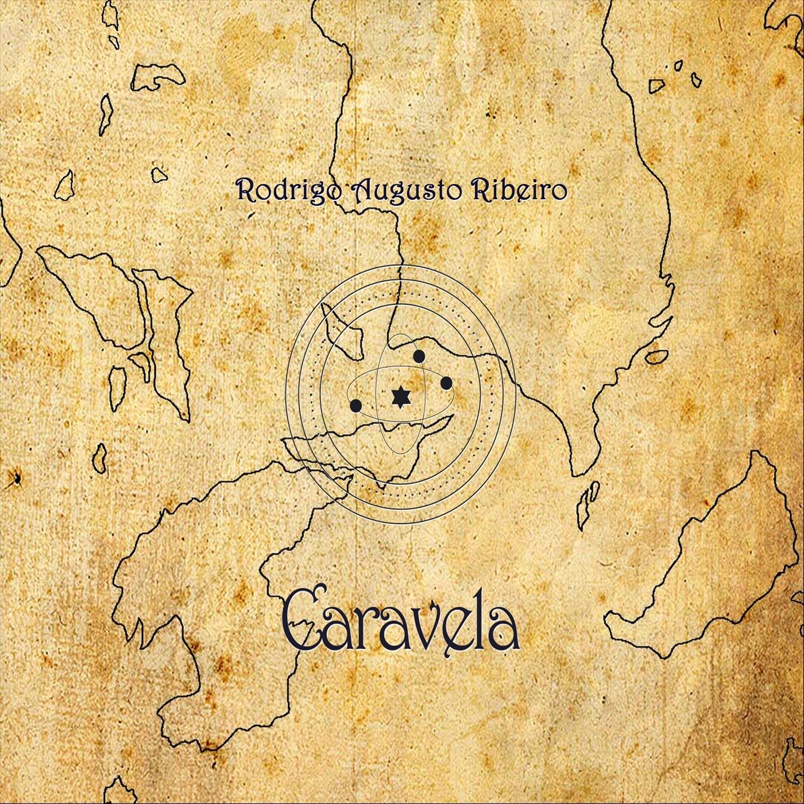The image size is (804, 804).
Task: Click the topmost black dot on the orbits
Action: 419,357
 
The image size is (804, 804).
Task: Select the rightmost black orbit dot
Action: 446,383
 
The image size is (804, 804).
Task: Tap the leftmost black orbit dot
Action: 355,406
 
